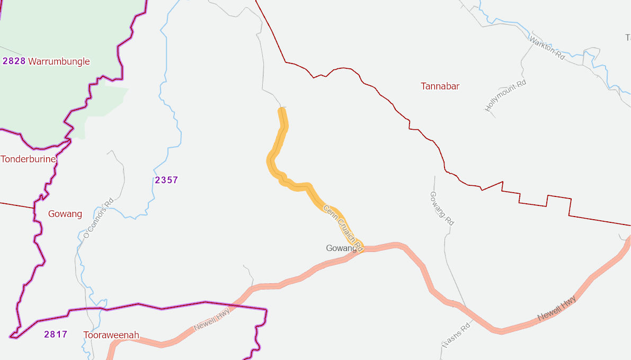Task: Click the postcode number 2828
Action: click(14, 61)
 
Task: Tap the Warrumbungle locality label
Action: click(59, 61)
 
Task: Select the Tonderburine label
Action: click(28, 159)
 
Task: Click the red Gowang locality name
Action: click(65, 214)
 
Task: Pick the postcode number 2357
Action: click(166, 180)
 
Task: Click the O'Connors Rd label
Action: click(99, 218)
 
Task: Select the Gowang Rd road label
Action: click(441, 208)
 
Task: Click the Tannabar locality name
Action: click(440, 86)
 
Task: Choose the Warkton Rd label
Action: click(547, 48)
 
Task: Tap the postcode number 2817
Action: click(56, 334)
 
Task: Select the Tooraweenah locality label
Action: click(111, 335)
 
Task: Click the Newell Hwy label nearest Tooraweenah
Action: click(211, 319)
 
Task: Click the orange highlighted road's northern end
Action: click(282, 110)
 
